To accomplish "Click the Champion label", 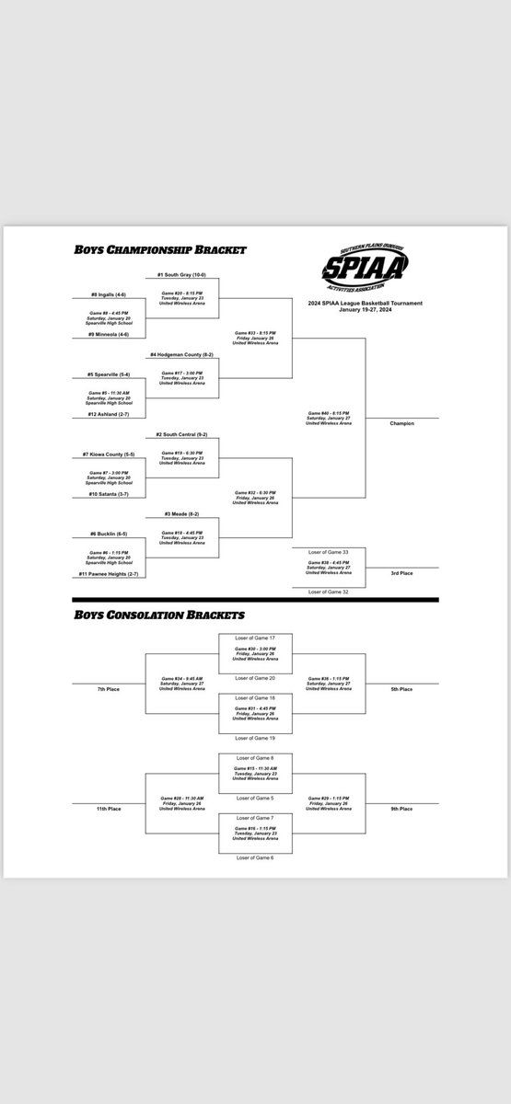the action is click(x=401, y=423).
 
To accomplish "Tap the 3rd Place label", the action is click(x=401, y=573).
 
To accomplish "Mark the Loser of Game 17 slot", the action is click(x=255, y=638).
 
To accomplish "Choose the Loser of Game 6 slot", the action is click(x=255, y=857).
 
